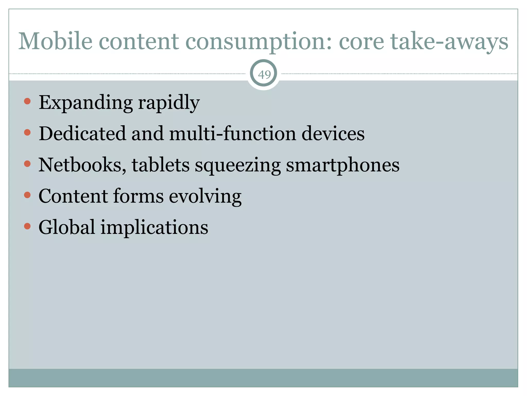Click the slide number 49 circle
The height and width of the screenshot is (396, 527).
pyautogui.click(x=264, y=74)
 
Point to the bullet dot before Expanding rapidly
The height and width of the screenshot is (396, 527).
pyautogui.click(x=27, y=101)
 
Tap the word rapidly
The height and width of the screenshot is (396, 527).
pyautogui.click(x=169, y=103)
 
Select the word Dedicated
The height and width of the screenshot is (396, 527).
pyautogui.click(x=82, y=134)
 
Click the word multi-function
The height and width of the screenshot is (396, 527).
pyautogui.click(x=233, y=134)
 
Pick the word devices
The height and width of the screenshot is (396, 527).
pyautogui.click(x=333, y=134)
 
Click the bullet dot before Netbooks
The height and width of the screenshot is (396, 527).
pyautogui.click(x=27, y=164)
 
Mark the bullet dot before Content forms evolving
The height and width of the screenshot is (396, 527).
pyautogui.click(x=27, y=195)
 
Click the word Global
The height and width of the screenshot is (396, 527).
pyautogui.click(x=67, y=227)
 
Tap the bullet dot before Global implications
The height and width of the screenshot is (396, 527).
pyautogui.click(x=27, y=226)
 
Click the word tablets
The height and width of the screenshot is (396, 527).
pyautogui.click(x=161, y=165)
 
